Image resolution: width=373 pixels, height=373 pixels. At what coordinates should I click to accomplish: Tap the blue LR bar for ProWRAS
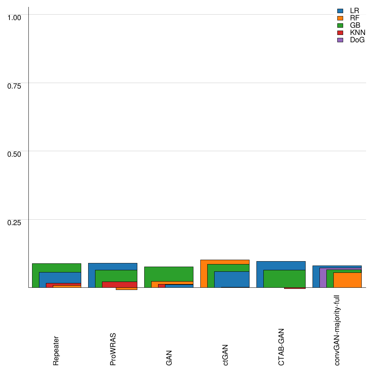click(113, 266)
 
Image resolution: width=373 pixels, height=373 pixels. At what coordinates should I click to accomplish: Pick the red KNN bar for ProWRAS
click(119, 284)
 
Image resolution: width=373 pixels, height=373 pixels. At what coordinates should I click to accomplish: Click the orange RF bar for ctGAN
click(225, 262)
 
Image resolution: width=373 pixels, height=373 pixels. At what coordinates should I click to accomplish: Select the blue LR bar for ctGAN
click(232, 279)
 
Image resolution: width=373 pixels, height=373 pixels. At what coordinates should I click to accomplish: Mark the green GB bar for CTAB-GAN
click(284, 279)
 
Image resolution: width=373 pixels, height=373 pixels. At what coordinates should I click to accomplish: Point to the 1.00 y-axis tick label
click(15, 17)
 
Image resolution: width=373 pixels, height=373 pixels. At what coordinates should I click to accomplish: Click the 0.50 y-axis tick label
click(15, 154)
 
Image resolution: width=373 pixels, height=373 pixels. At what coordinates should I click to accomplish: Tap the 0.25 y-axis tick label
click(15, 222)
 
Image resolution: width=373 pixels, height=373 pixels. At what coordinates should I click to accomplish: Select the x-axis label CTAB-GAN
click(282, 347)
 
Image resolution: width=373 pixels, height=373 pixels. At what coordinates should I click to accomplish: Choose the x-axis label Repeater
click(56, 350)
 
